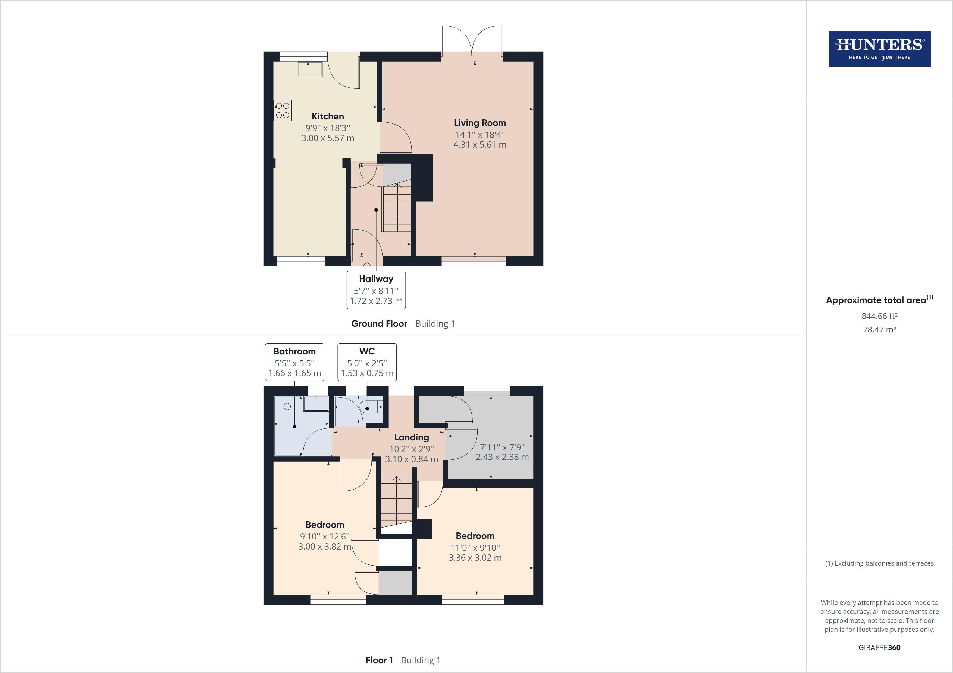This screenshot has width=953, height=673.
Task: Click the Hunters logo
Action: click(879, 49)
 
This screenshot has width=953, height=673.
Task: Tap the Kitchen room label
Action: click(327, 116)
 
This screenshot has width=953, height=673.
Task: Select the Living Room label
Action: click(479, 123)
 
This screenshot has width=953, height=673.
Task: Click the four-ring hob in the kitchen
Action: click(283, 110)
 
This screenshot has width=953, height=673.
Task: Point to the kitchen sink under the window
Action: click(310, 69)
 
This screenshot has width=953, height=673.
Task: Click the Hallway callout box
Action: click(376, 290)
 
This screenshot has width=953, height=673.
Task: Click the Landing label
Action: click(411, 437)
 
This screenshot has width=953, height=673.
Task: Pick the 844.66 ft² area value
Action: click(879, 316)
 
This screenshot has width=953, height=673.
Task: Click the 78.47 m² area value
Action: click(879, 330)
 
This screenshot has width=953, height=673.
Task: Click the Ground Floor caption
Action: click(379, 324)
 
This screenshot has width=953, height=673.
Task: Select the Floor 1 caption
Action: click(379, 660)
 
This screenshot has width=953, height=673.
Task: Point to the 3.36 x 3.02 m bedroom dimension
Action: click(475, 558)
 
